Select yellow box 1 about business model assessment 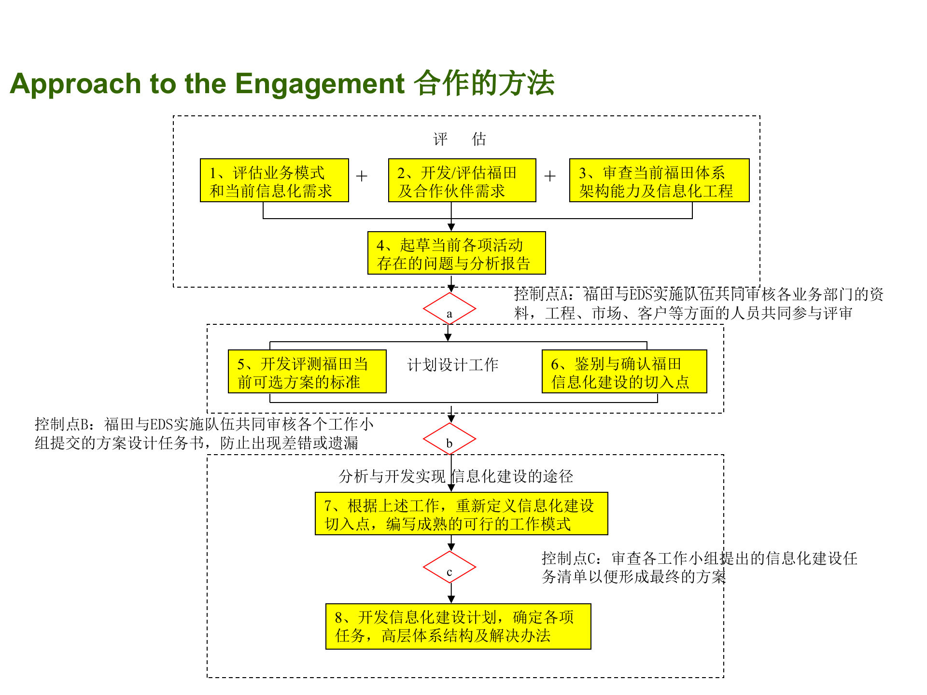[274, 181]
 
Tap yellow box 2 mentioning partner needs [462, 181]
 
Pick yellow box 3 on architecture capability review [659, 181]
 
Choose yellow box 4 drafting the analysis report [456, 253]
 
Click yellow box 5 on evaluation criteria [307, 372]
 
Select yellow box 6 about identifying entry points [624, 372]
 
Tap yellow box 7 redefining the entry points [461, 514]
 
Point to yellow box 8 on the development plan [458, 626]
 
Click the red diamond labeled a [449, 309]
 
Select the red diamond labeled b [449, 439]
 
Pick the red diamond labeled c [449, 568]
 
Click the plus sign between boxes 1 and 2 [362, 176]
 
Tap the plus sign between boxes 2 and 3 [550, 176]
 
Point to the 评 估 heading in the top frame [459, 139]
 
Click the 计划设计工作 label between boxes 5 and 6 [452, 365]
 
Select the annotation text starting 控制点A [698, 304]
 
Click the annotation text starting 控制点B [204, 433]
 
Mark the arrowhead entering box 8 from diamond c [451, 599]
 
